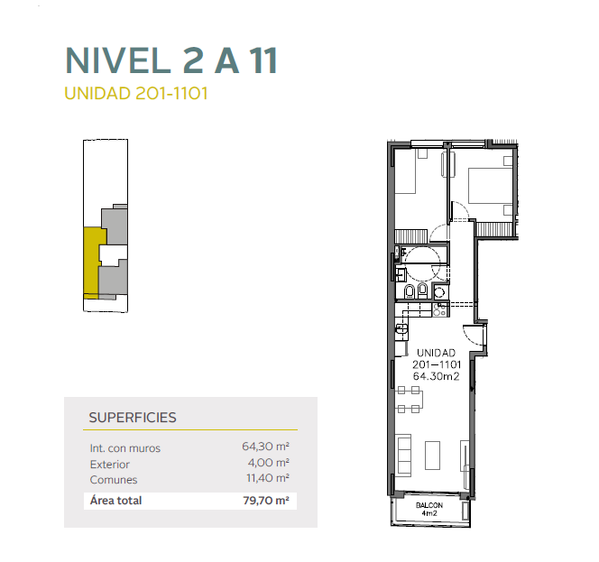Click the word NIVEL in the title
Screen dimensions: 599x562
[x=117, y=60]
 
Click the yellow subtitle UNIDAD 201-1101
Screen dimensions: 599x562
[x=136, y=94]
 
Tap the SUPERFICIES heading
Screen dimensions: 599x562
[x=133, y=418]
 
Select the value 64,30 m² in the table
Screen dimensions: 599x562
[x=265, y=447]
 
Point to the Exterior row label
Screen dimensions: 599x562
[x=110, y=465]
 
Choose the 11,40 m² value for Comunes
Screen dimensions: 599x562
[x=268, y=478]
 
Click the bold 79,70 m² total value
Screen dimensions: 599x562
[x=266, y=501]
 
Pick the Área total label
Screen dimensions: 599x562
[x=115, y=501]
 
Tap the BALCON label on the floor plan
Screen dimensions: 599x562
[x=429, y=505]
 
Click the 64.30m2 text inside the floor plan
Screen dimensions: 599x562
[x=437, y=376]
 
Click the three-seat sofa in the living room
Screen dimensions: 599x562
[x=404, y=455]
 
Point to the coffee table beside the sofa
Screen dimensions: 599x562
[x=432, y=456]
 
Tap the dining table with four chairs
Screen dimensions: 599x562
[x=410, y=400]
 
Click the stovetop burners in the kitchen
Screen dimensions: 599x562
[x=440, y=309]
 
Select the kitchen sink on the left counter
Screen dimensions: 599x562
[x=401, y=331]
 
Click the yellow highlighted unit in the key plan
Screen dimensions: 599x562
[x=92, y=263]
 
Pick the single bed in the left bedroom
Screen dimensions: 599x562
[x=405, y=171]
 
